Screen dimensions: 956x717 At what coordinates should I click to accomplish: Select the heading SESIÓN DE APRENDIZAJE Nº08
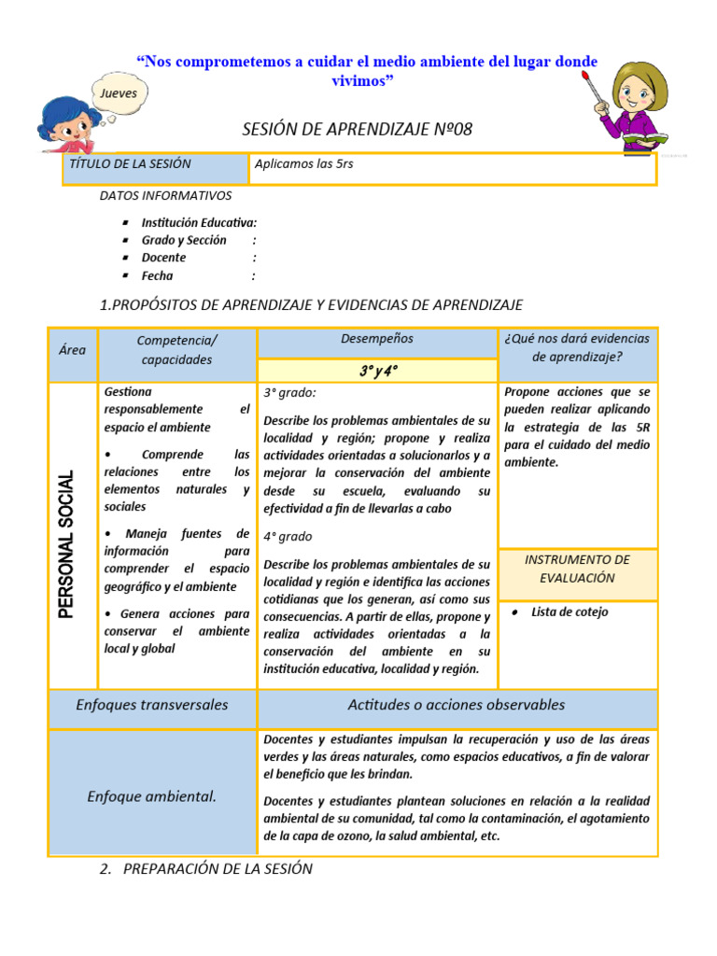pyautogui.click(x=358, y=129)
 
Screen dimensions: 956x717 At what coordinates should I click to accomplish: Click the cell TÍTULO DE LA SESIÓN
pyautogui.click(x=131, y=164)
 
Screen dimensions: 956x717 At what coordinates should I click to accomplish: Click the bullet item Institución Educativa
pyautogui.click(x=198, y=222)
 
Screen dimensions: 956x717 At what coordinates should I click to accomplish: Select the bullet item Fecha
pyautogui.click(x=157, y=275)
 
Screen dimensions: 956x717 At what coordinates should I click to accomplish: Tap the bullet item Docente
pyautogui.click(x=163, y=258)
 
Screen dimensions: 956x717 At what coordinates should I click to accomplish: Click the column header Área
pyautogui.click(x=72, y=350)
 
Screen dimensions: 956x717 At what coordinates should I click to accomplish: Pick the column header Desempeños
pyautogui.click(x=376, y=339)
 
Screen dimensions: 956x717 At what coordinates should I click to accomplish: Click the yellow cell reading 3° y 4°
pyautogui.click(x=377, y=371)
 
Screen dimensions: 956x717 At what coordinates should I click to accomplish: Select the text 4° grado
pyautogui.click(x=288, y=537)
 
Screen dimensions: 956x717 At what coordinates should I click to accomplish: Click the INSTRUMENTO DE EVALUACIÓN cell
pyautogui.click(x=577, y=569)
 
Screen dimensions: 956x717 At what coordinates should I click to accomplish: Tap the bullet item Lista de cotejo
pyautogui.click(x=569, y=612)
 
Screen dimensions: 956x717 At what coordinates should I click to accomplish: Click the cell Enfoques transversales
pyautogui.click(x=152, y=705)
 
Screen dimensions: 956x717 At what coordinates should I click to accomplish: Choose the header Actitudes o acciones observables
pyautogui.click(x=457, y=705)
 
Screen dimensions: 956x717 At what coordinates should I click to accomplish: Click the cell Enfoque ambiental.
pyautogui.click(x=152, y=796)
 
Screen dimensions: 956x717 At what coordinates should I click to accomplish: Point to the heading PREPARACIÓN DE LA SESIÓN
pyautogui.click(x=218, y=869)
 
